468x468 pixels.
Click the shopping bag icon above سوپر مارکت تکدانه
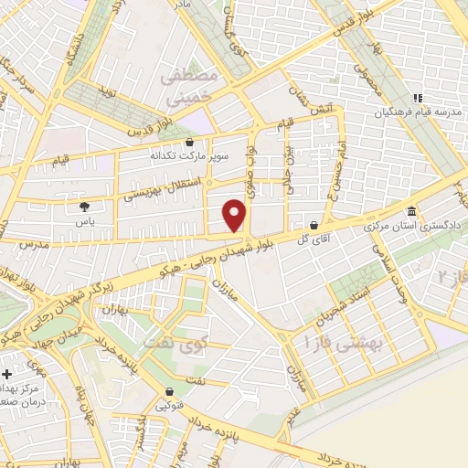click(189, 143)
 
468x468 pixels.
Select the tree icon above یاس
click(84, 207)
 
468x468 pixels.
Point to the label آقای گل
click(313, 238)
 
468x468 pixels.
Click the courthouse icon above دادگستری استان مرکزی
click(411, 211)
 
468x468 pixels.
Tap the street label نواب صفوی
click(254, 165)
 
